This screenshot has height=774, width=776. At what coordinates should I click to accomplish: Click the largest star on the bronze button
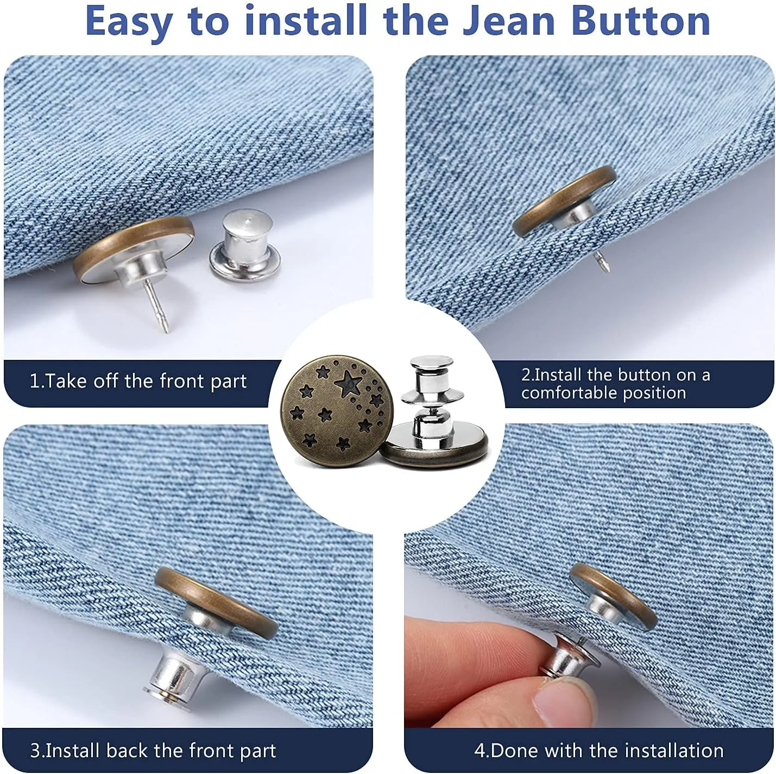tap(347, 383)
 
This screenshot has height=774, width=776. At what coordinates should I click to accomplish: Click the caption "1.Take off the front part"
tap(138, 381)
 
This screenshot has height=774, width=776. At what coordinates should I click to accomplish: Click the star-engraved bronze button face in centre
tap(336, 411)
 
